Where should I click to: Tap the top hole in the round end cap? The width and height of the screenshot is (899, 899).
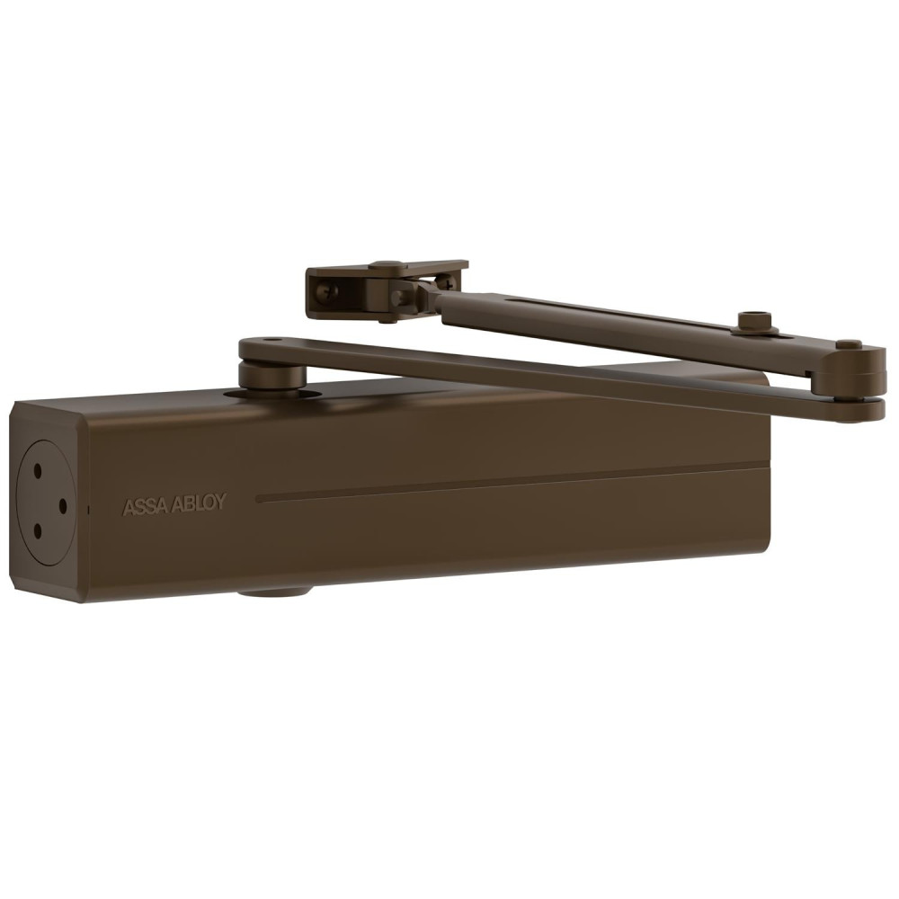click(38, 472)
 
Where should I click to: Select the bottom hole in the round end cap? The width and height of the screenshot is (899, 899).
click(38, 531)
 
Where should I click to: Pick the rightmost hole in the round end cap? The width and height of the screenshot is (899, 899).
click(63, 506)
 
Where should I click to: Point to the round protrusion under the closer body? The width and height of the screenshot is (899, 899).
click(275, 592)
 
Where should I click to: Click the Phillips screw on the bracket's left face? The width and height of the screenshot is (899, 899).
click(327, 290)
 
